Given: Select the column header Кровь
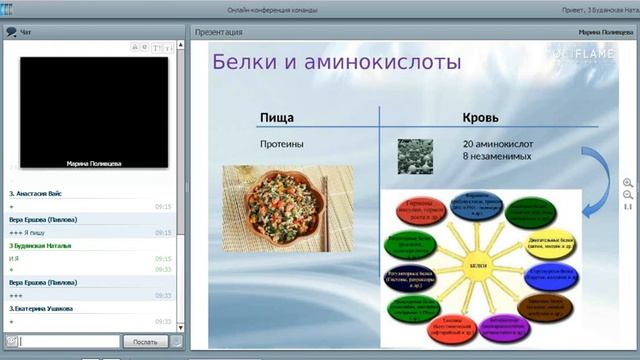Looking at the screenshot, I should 480,118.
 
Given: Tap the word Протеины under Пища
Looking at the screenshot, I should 282,144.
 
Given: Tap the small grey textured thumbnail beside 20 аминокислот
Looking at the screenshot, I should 415,152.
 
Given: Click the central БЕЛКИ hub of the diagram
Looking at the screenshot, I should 478,266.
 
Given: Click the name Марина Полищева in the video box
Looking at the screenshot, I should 96,162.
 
